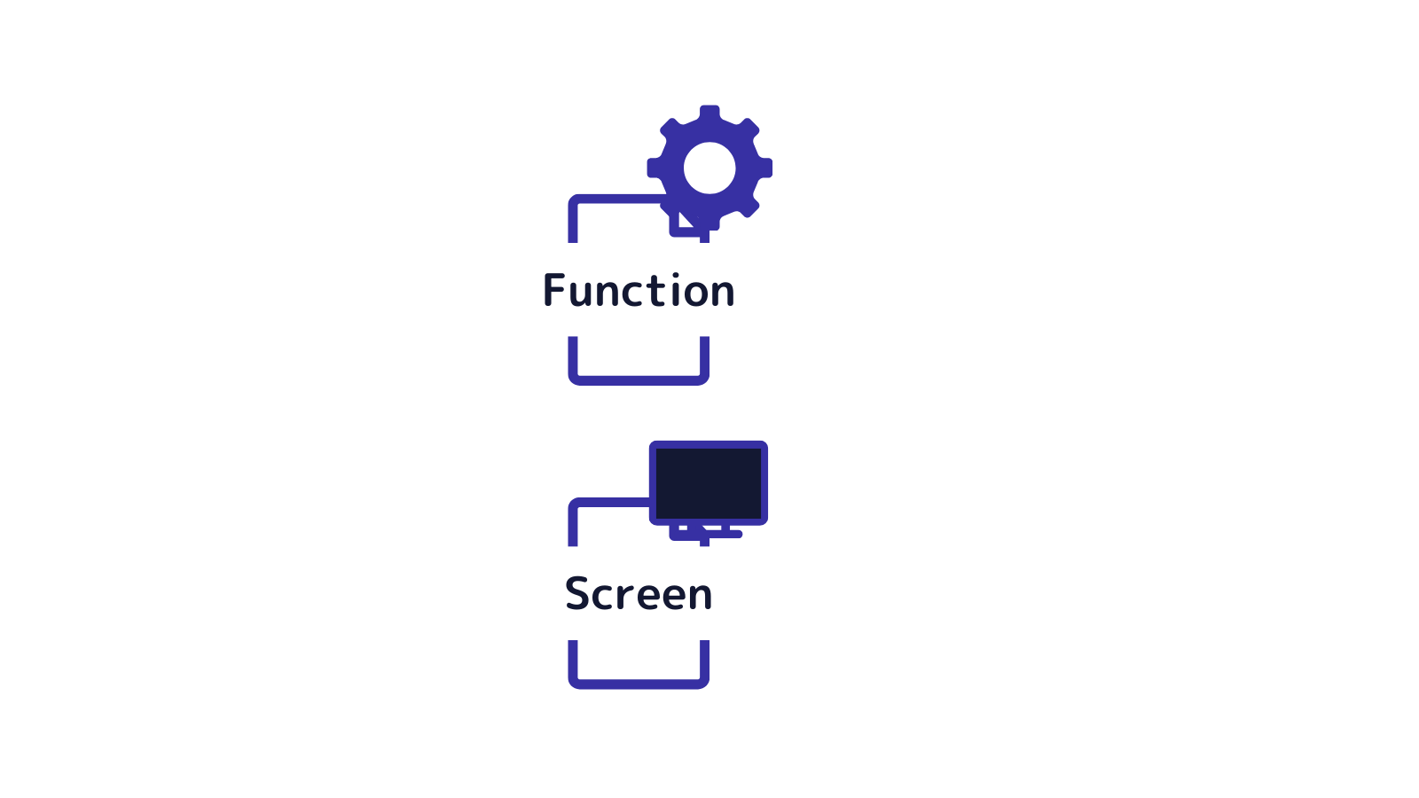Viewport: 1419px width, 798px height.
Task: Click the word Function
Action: pyautogui.click(x=639, y=290)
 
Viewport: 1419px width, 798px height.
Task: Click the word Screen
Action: pyautogui.click(x=639, y=593)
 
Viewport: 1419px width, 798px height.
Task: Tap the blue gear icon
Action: pyautogui.click(x=709, y=168)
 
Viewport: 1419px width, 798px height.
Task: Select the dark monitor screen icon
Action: pyautogui.click(x=708, y=483)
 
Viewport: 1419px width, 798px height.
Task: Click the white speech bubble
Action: pyautogui.click(x=244, y=229)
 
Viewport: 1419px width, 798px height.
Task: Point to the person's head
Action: pyautogui.click(x=128, y=343)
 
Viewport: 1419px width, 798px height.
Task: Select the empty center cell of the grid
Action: pyautogui.click(x=1204, y=140)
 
